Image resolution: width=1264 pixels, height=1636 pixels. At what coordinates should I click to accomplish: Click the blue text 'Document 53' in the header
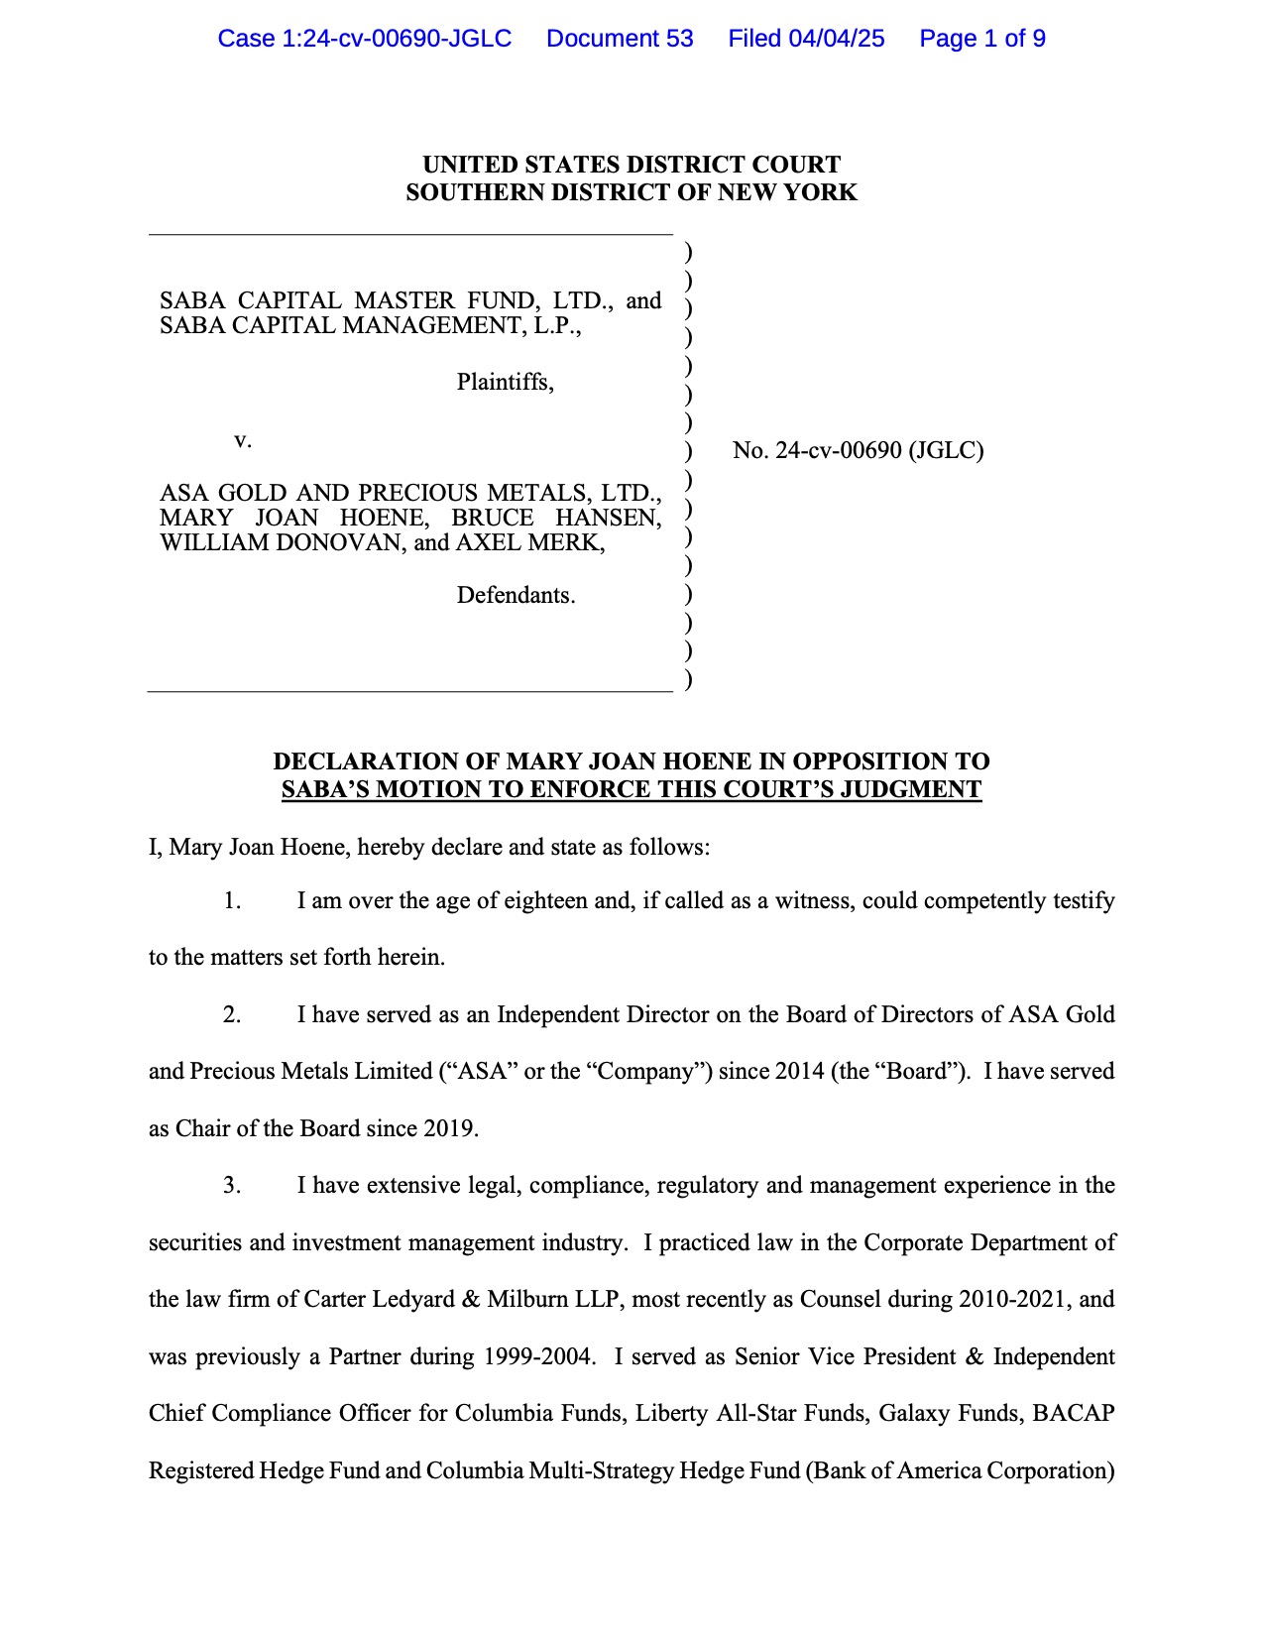[620, 39]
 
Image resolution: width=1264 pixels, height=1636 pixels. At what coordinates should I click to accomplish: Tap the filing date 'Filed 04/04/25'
[806, 39]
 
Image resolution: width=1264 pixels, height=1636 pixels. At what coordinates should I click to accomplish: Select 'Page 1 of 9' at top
[981, 39]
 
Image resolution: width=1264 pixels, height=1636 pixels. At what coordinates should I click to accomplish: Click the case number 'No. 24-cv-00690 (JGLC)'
[858, 451]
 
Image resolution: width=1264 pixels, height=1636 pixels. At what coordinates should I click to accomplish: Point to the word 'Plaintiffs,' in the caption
[505, 383]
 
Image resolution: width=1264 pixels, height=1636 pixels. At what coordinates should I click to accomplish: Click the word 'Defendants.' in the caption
[516, 596]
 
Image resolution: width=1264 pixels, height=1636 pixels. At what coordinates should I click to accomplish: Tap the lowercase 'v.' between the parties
[243, 440]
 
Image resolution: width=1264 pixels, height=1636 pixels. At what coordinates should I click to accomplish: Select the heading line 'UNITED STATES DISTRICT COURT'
[632, 165]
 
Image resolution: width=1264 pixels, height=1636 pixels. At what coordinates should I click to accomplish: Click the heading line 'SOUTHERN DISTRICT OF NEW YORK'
[632, 192]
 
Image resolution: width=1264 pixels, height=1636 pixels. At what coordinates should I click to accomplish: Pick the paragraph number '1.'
[232, 901]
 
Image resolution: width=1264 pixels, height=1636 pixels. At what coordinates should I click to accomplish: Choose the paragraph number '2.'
[232, 1015]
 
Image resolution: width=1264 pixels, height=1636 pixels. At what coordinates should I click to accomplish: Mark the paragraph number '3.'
[232, 1186]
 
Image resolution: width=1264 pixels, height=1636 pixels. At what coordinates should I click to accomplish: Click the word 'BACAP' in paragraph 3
[1074, 1414]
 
